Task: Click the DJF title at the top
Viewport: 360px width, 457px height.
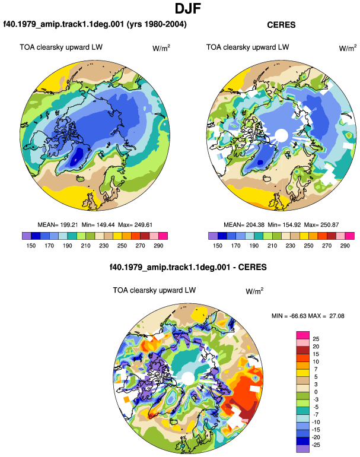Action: tap(188, 8)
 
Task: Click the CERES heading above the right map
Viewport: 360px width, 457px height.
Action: tap(281, 25)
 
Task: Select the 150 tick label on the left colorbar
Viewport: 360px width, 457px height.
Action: tap(31, 246)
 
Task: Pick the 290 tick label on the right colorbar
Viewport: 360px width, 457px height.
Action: tap(345, 246)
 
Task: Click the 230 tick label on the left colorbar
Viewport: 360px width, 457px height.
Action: tap(104, 246)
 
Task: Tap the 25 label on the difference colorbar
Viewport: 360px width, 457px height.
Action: tap(316, 339)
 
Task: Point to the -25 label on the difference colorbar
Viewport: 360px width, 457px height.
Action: tap(316, 445)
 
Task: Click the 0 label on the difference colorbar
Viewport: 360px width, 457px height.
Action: tap(316, 392)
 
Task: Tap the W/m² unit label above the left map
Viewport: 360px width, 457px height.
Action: tap(161, 48)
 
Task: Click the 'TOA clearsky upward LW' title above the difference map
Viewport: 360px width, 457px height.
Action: tap(154, 290)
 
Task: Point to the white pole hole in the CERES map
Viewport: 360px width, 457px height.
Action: tap(281, 135)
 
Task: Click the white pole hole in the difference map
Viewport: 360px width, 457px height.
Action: tap(188, 378)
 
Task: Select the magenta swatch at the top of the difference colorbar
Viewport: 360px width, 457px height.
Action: tap(303, 335)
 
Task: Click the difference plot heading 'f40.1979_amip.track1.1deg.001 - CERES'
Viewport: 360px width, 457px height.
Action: tap(188, 267)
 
